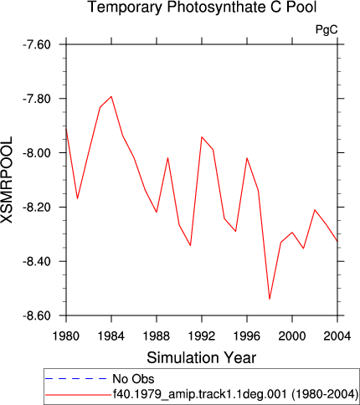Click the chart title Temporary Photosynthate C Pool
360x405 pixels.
click(x=203, y=7)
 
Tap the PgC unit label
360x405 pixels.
click(x=327, y=29)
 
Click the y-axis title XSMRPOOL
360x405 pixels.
click(x=7, y=180)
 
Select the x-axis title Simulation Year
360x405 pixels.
click(x=202, y=357)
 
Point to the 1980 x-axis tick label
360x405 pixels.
click(x=66, y=336)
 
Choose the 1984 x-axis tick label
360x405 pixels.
click(x=111, y=336)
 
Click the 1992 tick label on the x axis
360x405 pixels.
click(x=202, y=336)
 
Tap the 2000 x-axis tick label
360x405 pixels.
click(x=292, y=336)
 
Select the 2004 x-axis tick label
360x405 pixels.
click(x=337, y=336)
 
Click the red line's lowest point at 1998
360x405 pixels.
click(x=270, y=299)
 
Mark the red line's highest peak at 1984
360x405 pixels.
click(x=111, y=96)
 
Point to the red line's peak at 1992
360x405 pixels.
click(x=202, y=137)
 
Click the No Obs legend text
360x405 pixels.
click(x=133, y=379)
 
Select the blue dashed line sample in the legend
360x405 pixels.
click(x=75, y=379)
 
